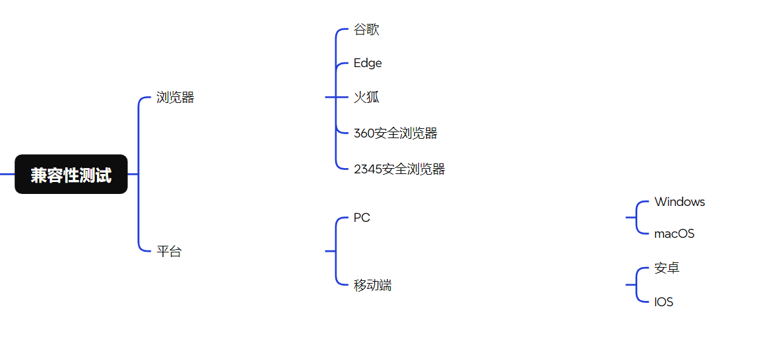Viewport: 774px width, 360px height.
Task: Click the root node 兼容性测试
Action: tap(71, 175)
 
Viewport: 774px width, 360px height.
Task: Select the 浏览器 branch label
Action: tap(175, 98)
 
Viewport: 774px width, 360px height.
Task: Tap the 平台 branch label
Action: tap(169, 252)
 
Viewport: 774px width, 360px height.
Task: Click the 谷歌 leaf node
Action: tap(366, 30)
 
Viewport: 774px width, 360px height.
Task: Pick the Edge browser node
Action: tap(368, 63)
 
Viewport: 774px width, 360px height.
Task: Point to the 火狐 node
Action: tap(366, 98)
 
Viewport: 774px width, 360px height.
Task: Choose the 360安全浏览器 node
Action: tap(396, 134)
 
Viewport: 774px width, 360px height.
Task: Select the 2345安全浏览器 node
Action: tap(399, 169)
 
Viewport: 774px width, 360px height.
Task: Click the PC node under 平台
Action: tap(362, 218)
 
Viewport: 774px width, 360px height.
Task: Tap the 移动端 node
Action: tap(372, 286)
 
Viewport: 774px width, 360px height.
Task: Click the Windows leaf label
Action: tap(679, 202)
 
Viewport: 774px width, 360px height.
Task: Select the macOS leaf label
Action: tap(674, 234)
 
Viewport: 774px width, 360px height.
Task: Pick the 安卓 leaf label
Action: tap(666, 268)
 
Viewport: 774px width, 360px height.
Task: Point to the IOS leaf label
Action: tap(664, 302)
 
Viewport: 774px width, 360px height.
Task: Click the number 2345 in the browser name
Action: tap(368, 169)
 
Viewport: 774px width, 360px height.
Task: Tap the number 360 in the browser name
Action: tap(364, 134)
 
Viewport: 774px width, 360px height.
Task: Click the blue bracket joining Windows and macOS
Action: tap(637, 217)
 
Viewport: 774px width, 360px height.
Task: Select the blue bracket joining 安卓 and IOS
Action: tap(637, 285)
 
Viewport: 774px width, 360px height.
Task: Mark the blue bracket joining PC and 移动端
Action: tap(336, 251)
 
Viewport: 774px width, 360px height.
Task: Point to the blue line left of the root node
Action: tap(7, 174)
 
